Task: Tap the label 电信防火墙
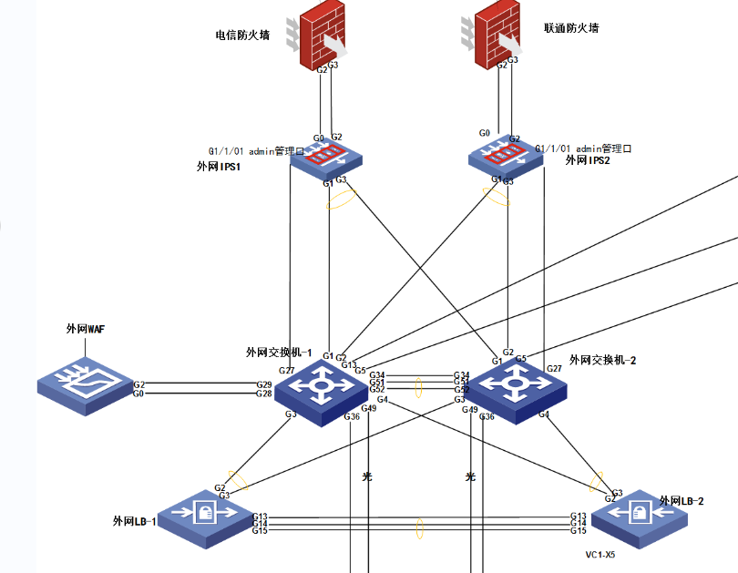pos(242,36)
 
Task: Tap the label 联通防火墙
pos(572,28)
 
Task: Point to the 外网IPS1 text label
pos(218,168)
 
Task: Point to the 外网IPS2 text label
pos(588,160)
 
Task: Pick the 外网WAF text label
pos(86,329)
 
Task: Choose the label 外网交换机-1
pos(279,353)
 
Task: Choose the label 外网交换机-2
pos(602,360)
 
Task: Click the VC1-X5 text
pos(600,554)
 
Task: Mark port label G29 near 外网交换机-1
pos(263,385)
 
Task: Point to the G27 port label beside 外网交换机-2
pos(554,369)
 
